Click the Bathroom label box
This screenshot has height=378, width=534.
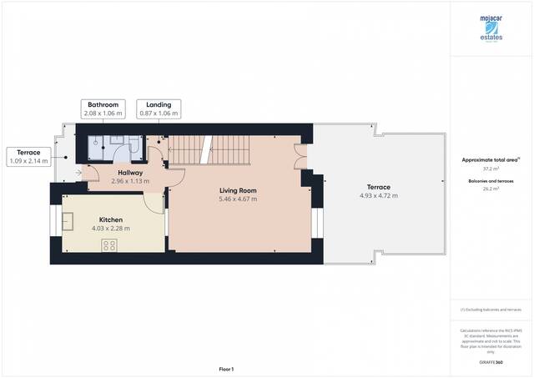103,108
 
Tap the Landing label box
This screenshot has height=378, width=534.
159,108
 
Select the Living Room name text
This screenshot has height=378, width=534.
237,190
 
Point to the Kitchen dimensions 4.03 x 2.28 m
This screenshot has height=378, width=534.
111,229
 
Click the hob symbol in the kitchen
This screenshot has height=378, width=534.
108,244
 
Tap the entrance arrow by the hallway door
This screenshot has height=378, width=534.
78,173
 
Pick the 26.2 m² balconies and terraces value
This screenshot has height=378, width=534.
491,189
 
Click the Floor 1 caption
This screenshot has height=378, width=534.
226,369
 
